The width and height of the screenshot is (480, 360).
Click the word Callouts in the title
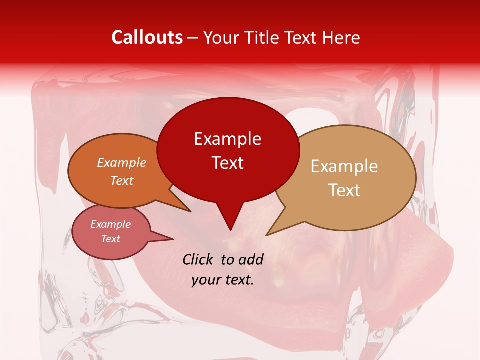pos(147,37)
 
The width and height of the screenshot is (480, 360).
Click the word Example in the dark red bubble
pos(227,139)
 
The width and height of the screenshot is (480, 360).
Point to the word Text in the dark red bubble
pos(227,163)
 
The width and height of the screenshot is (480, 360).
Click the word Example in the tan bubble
pos(344,166)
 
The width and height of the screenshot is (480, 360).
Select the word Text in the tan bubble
pos(344,190)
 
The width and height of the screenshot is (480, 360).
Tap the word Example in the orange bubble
pos(122,162)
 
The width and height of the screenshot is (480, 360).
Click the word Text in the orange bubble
pos(122,180)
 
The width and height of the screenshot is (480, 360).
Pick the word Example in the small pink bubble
pos(110,224)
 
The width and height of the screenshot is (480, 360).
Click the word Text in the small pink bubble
pos(110,239)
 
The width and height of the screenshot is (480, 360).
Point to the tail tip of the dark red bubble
pos(230,230)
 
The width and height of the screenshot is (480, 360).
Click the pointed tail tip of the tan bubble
pos(266,235)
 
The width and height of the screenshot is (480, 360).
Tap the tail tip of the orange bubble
pos(191,211)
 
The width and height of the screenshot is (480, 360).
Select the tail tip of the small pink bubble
pos(173,239)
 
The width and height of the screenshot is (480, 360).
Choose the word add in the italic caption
pos(251,259)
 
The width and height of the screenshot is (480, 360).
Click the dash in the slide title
pos(193,38)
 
